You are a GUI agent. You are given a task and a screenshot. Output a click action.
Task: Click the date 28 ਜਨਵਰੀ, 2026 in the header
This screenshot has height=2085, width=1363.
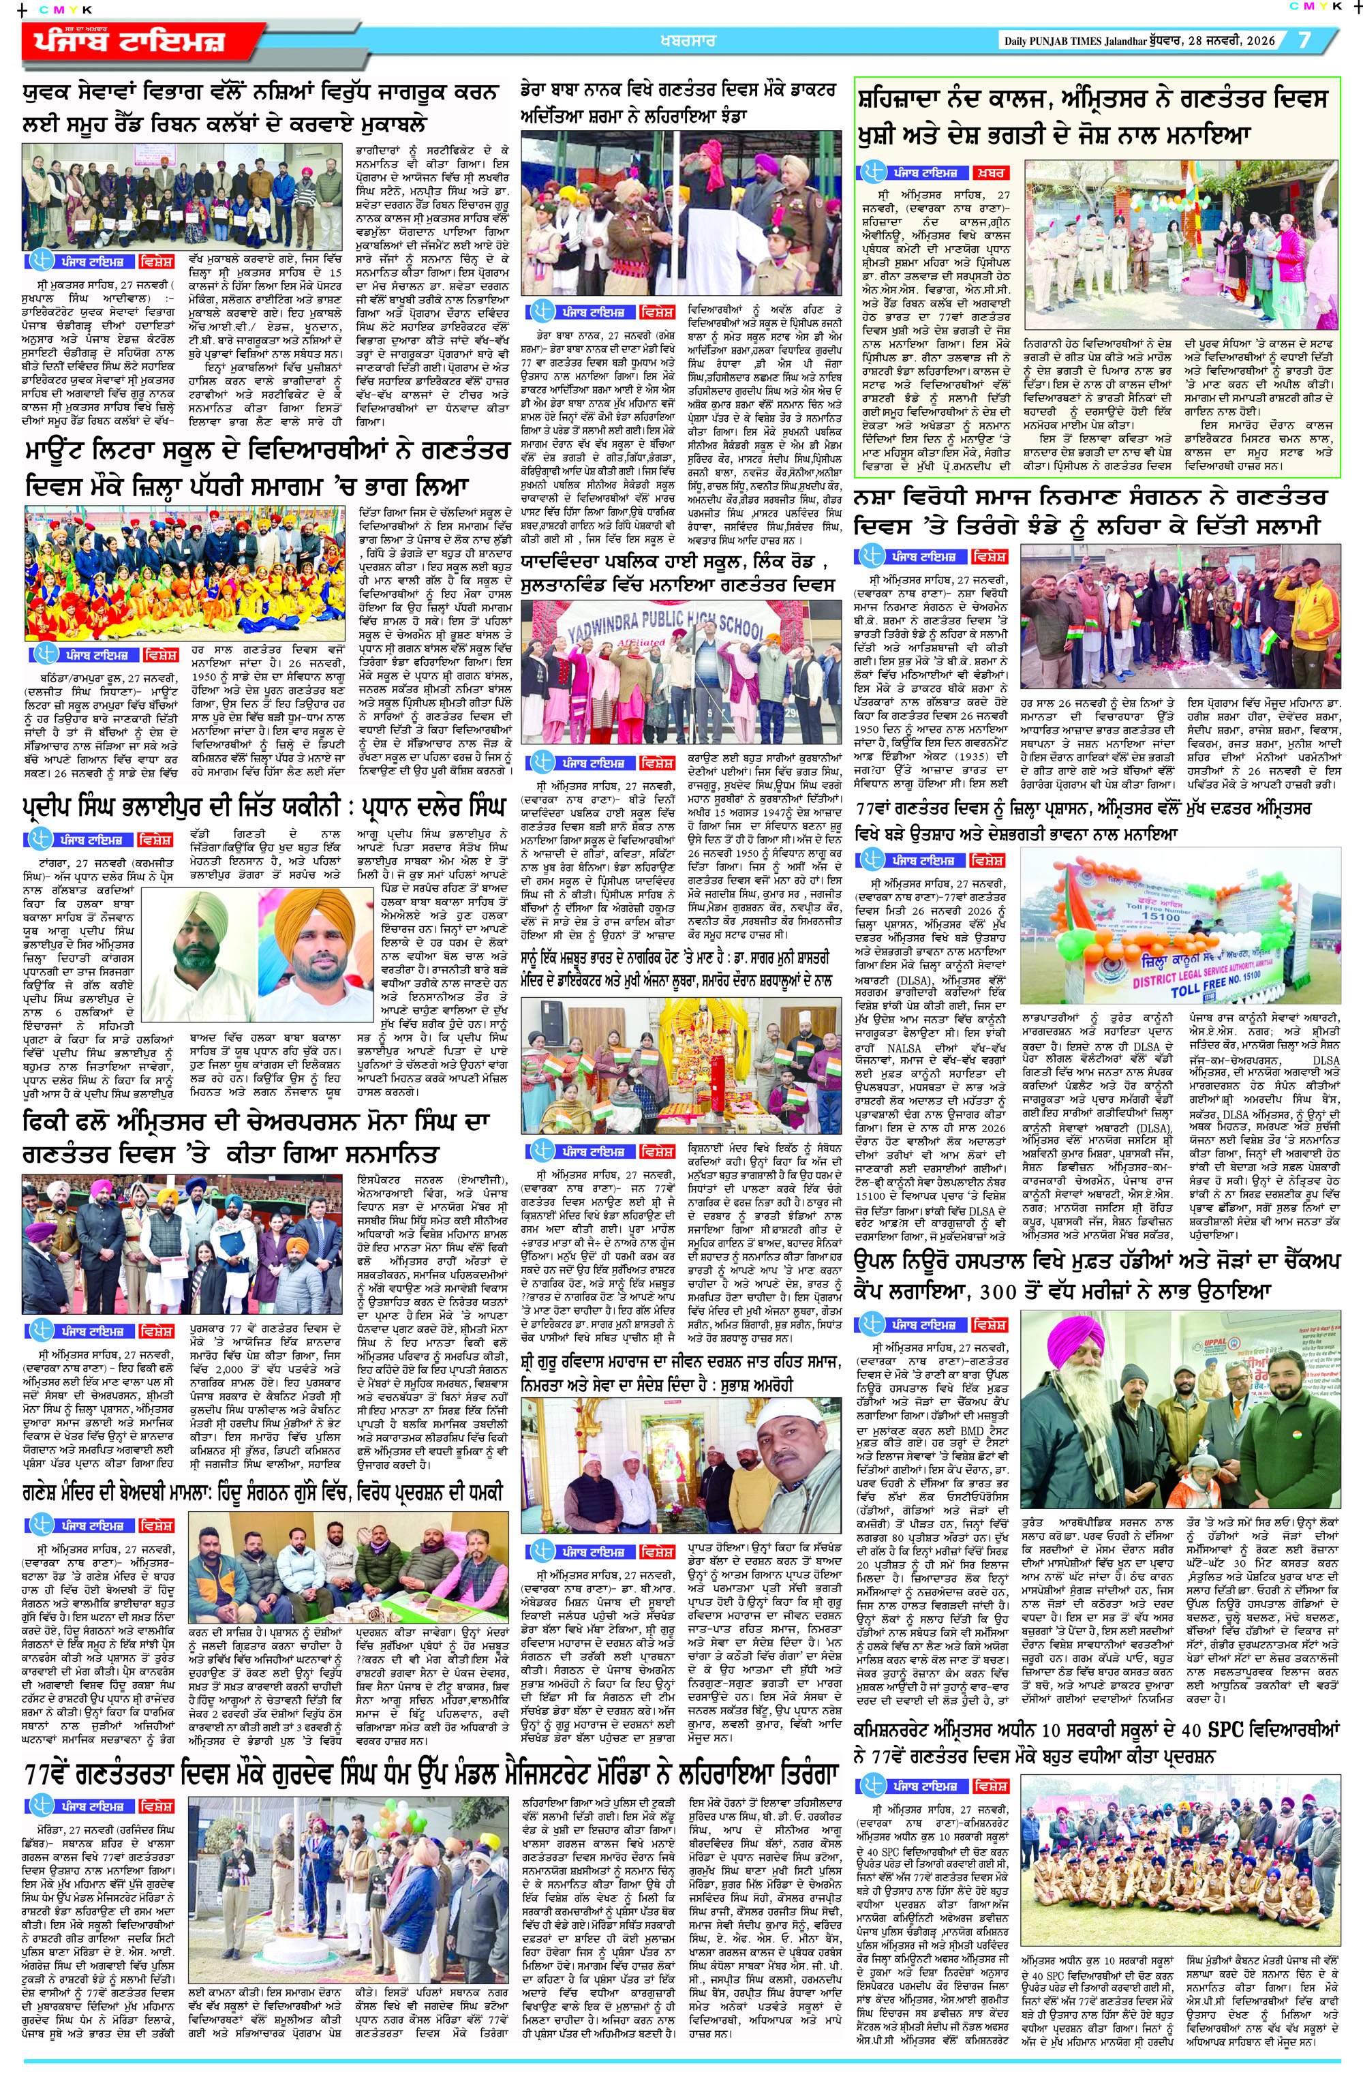1235,41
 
